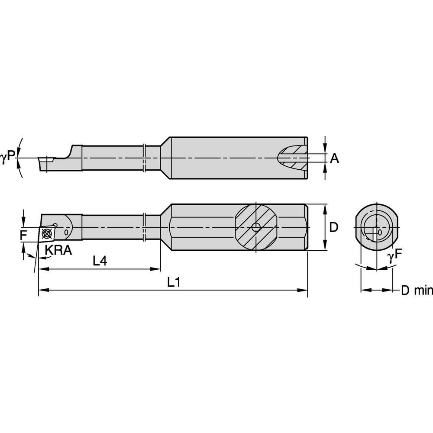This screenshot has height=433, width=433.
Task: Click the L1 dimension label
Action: tap(174, 282)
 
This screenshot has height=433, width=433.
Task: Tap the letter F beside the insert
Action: tap(24, 236)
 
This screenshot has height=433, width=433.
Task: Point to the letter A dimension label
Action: tap(334, 159)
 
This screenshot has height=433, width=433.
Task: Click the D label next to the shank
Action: tap(334, 227)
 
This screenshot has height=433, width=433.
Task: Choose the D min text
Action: tap(416, 291)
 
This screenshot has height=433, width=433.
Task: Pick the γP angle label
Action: tap(8, 159)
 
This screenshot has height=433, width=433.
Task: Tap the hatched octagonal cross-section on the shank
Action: tap(256, 227)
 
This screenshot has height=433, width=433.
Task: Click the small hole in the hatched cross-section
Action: tap(256, 228)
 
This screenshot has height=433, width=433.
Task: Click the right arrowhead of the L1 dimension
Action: tap(304, 291)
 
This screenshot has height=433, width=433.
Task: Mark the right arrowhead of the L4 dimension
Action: tap(157, 269)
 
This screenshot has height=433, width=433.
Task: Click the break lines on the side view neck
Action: tap(145, 158)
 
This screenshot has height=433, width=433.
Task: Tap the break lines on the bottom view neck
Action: tap(145, 227)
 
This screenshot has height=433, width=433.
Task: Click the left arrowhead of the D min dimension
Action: tap(364, 290)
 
